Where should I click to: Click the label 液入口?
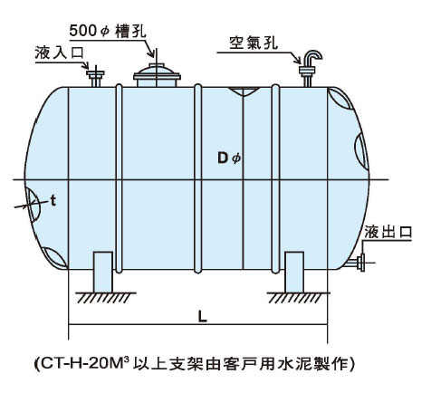coord(59,53)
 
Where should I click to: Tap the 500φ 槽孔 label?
coord(108,32)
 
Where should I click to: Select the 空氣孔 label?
coord(254,43)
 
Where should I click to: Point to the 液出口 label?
coord(388,232)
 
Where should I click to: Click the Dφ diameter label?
coord(229,158)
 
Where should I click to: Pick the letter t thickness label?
coord(53,201)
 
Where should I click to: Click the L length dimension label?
coord(203,317)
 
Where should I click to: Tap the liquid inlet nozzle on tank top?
coord(95,77)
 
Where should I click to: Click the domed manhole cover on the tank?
coord(157,75)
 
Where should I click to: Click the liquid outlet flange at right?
coord(361,263)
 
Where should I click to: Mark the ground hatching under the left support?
coord(105,298)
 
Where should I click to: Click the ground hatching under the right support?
coord(298,298)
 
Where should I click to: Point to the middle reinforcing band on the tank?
coord(197,178)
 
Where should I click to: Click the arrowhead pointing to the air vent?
coord(298,60)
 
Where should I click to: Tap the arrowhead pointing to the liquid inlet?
coord(86,65)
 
